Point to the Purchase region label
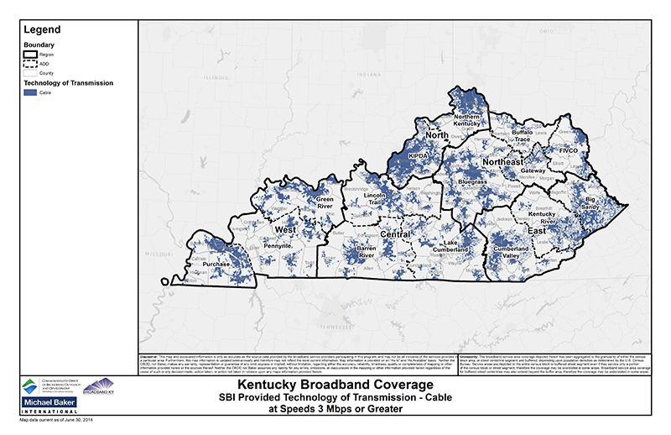pyautogui.click(x=216, y=264)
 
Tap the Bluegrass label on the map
pyautogui.click(x=473, y=181)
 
